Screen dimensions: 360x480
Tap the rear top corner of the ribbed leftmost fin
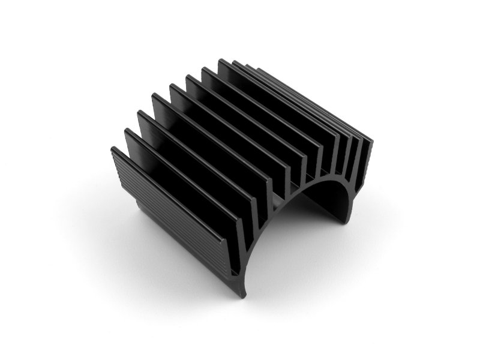pyautogui.click(x=113, y=149)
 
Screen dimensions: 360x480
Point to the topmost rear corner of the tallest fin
pyautogui.click(x=220, y=60)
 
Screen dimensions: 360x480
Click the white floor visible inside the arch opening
pyautogui.click(x=288, y=240)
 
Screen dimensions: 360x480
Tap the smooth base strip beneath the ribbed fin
pyautogui.click(x=180, y=252)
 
